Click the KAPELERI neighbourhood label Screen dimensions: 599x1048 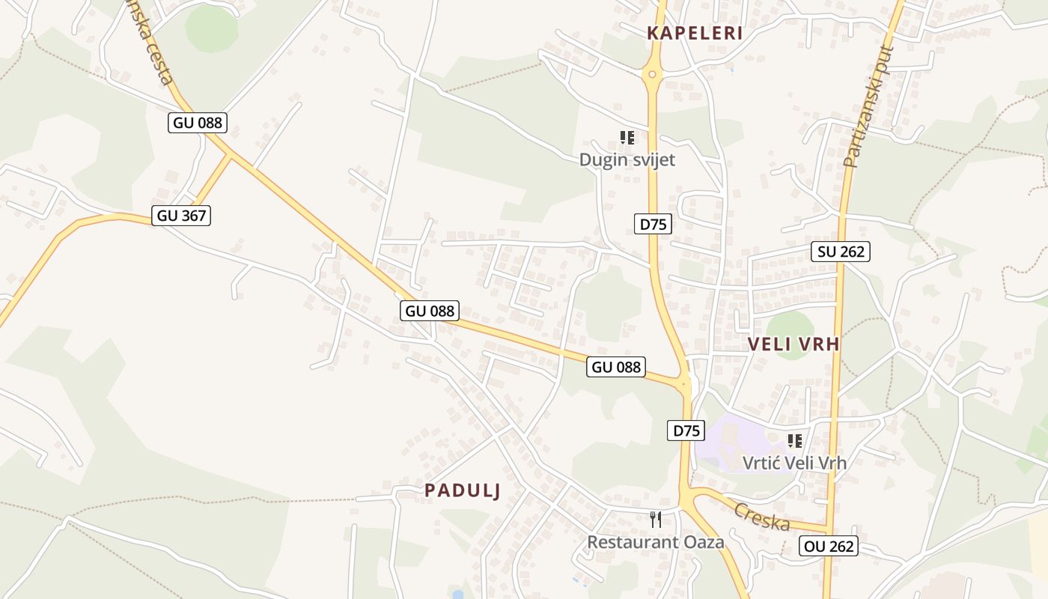[x=695, y=33]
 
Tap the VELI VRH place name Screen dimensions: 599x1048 [x=793, y=344]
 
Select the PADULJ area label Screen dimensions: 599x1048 [x=463, y=490]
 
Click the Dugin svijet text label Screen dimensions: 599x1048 [x=627, y=159]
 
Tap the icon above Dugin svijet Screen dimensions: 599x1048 [x=627, y=138]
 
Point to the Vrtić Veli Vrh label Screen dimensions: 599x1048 [x=794, y=463]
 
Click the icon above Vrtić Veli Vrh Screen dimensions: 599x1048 [x=794, y=441]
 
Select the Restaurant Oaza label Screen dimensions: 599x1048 [x=656, y=541]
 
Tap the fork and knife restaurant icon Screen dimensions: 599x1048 [x=656, y=519]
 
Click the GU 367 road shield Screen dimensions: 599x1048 [x=181, y=216]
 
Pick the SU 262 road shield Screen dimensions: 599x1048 [x=841, y=252]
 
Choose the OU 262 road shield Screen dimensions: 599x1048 [x=828, y=547]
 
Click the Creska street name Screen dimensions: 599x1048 [x=761, y=517]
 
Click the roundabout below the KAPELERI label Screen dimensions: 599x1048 [x=653, y=74]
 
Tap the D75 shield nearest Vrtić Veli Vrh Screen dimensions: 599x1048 [x=686, y=431]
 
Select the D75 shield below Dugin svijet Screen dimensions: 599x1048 [x=653, y=223]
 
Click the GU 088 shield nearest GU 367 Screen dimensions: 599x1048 [x=198, y=122]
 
